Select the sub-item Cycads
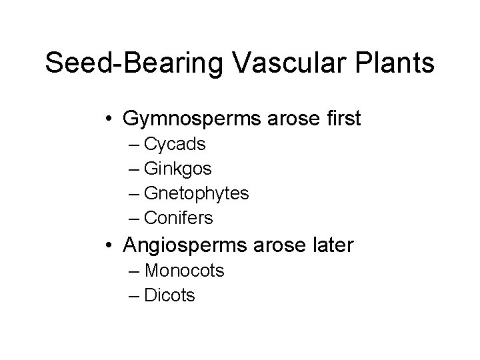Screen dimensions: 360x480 [175, 144]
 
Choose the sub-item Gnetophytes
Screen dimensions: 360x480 [197, 194]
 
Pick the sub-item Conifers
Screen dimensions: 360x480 [179, 218]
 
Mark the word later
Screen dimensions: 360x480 [331, 245]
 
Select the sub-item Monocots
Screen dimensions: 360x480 [184, 271]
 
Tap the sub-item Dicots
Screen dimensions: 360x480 [169, 295]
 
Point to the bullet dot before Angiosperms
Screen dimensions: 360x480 [108, 246]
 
